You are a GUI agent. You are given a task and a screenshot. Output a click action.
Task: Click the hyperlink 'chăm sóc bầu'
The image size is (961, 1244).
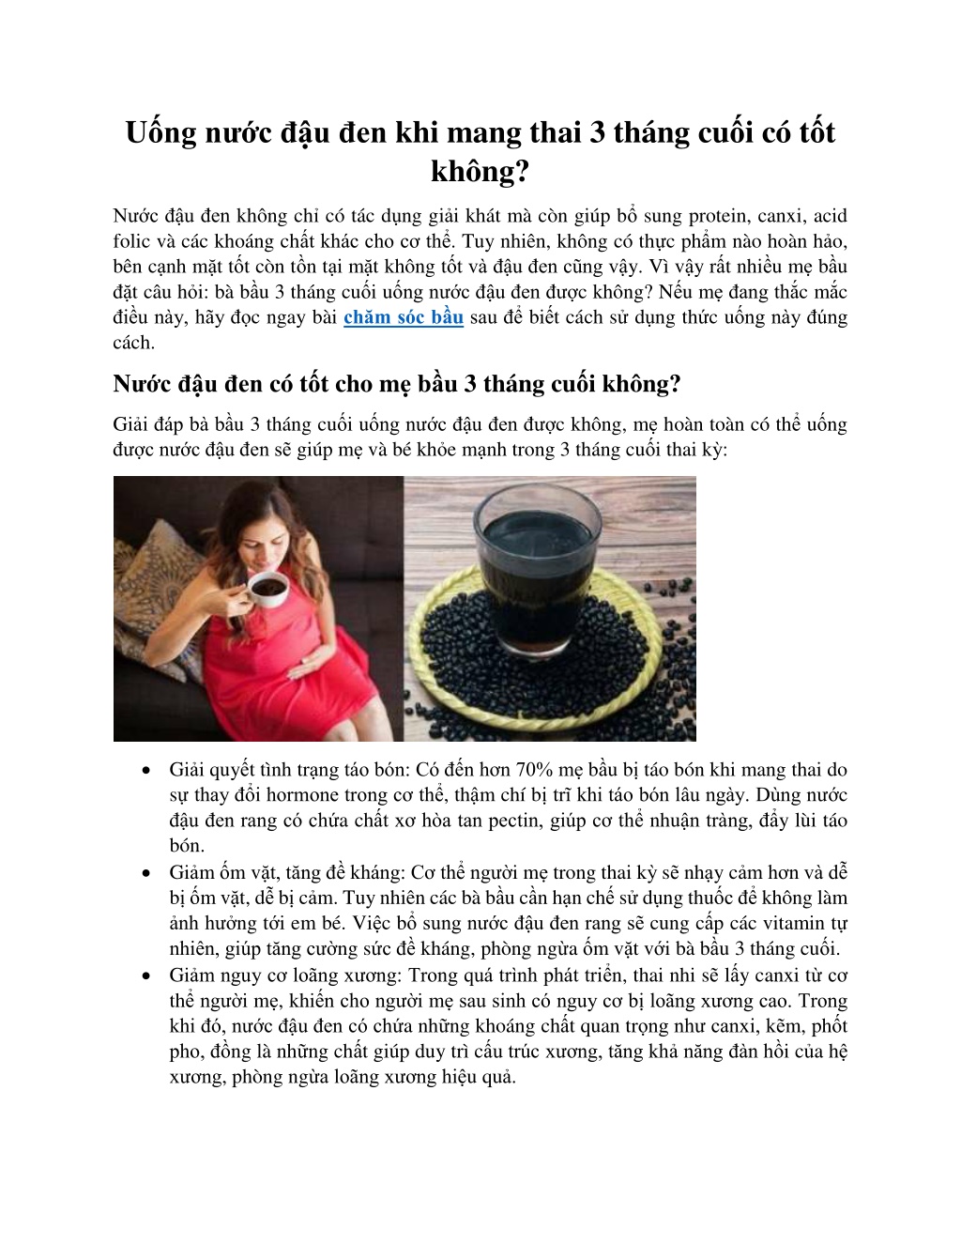tap(404, 317)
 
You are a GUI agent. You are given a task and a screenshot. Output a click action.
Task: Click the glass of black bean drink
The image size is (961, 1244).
tap(540, 563)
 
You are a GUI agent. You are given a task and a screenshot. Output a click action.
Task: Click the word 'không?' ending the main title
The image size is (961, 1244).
tap(480, 172)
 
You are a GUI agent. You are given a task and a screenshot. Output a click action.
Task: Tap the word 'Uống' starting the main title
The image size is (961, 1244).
tap(161, 132)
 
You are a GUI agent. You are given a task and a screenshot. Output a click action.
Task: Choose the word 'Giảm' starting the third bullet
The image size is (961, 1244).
tap(192, 975)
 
